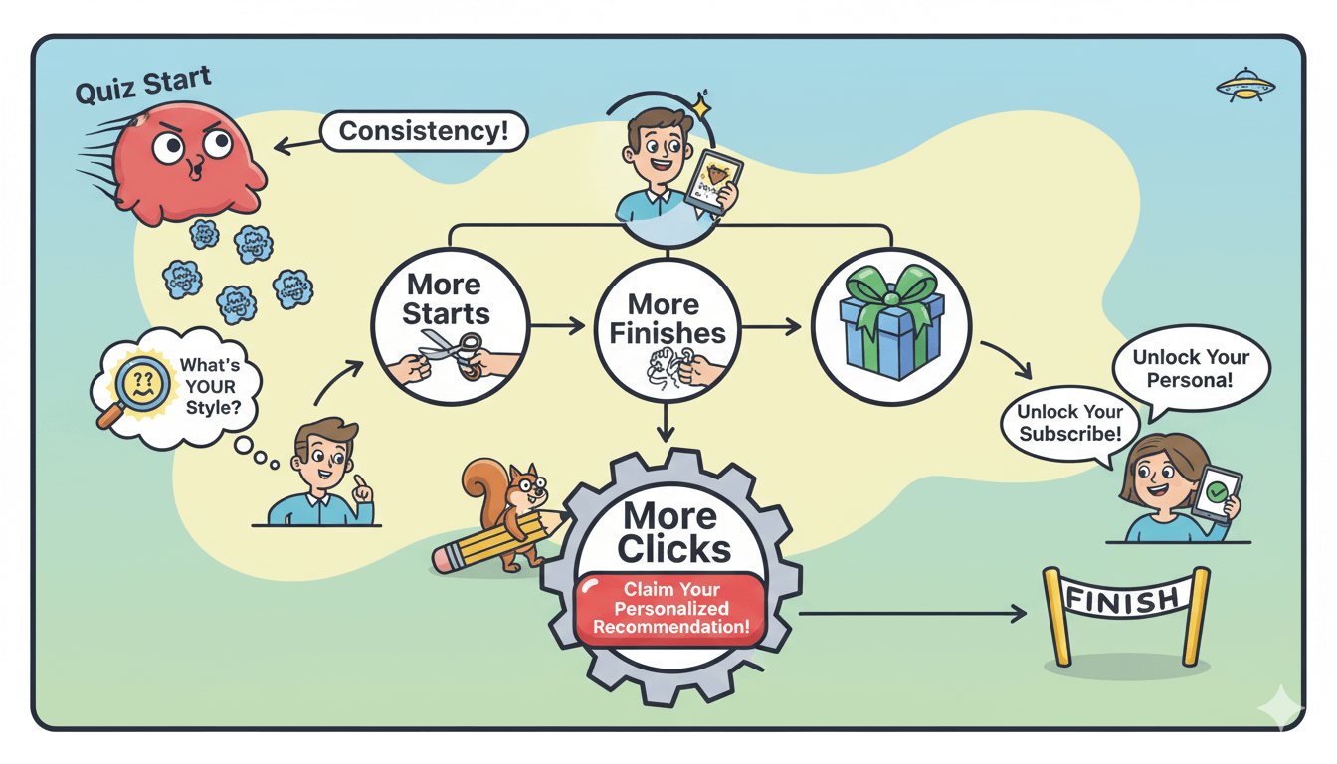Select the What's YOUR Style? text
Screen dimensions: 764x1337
pos(210,386)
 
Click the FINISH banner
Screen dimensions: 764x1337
pos(1125,600)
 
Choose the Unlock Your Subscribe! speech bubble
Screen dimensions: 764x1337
pos(1069,424)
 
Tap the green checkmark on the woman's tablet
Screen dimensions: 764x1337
pos(1217,492)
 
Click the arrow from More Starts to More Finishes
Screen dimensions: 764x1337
pos(558,325)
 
